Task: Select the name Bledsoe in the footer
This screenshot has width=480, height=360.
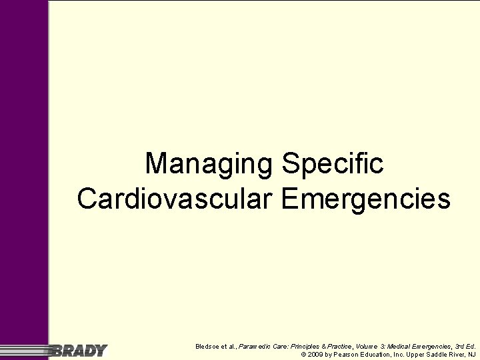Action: (x=209, y=346)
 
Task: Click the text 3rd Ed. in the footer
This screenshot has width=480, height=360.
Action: (x=465, y=346)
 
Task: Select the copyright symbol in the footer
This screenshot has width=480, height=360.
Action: (x=304, y=355)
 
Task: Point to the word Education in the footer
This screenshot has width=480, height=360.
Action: (x=380, y=355)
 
